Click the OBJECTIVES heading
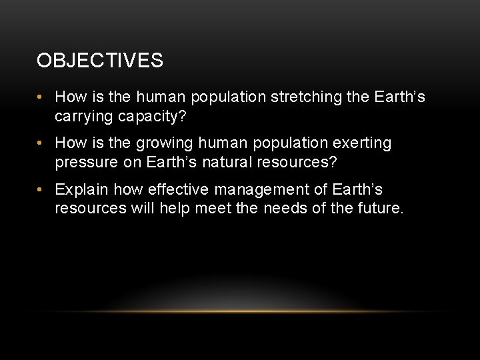pos(100,61)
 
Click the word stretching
pos(305,98)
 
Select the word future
pos(378,208)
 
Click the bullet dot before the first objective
pos(41,98)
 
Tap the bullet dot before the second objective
pos(41,143)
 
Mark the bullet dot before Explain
pos(41,189)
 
